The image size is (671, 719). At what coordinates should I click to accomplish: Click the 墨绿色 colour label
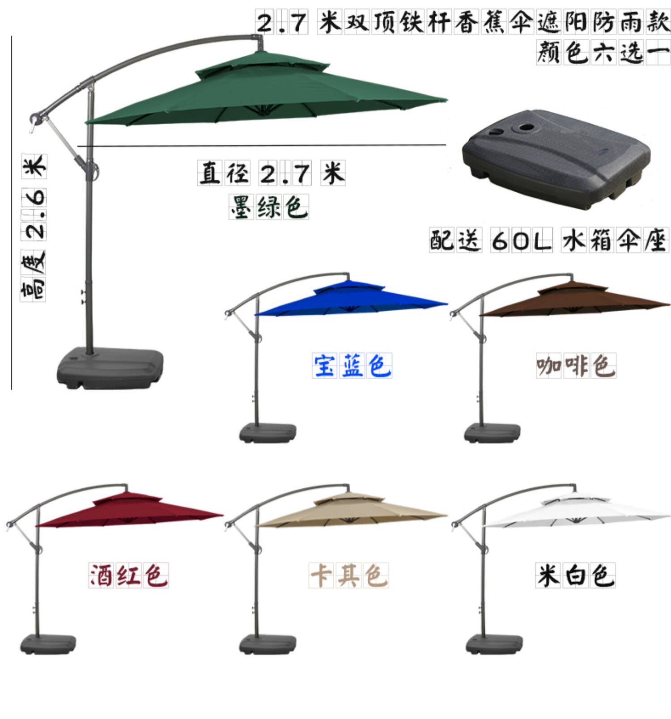pos(268,207)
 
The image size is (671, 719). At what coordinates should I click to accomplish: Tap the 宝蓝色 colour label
pos(352,365)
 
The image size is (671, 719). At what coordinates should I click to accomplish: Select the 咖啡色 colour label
pos(576,365)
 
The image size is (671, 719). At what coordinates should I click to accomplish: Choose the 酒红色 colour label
pos(129,575)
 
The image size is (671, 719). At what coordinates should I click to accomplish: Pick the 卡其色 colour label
pos(349,575)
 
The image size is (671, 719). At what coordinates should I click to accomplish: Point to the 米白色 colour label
pos(576,575)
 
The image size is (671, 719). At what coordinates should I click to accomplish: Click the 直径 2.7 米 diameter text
pos(272,173)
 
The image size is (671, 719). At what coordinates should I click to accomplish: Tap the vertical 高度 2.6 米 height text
pos(34,228)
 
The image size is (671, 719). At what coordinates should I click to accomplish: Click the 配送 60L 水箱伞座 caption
pos(549,241)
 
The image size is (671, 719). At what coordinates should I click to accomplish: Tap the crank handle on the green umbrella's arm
pos(36,120)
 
